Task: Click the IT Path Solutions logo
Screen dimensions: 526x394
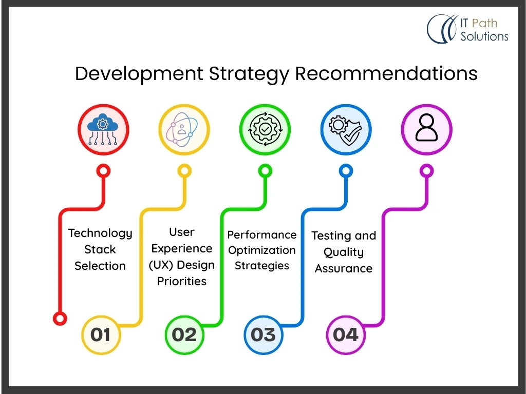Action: click(467, 29)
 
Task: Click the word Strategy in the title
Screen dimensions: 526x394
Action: click(249, 74)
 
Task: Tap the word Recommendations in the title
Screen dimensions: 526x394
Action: click(386, 73)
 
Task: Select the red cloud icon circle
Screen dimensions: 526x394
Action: click(103, 130)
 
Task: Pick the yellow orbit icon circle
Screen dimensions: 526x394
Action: click(184, 130)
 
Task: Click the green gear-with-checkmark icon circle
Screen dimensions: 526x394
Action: click(265, 130)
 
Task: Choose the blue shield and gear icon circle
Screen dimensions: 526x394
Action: click(346, 130)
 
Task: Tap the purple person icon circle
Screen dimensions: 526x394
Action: click(427, 130)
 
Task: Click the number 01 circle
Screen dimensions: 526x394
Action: click(101, 334)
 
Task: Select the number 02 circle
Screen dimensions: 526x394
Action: click(184, 334)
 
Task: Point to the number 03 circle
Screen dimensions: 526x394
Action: click(264, 334)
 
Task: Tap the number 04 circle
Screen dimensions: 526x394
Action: click(346, 334)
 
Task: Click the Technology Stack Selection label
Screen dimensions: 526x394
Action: click(100, 250)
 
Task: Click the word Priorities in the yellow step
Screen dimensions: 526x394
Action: click(182, 281)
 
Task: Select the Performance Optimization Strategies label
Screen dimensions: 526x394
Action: click(261, 250)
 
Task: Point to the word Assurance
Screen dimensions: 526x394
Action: click(344, 268)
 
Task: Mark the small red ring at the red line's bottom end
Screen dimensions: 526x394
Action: click(60, 318)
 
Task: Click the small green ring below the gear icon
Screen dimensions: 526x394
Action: click(265, 171)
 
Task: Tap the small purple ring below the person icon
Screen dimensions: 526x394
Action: click(427, 171)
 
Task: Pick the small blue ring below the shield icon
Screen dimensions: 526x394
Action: click(346, 171)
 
